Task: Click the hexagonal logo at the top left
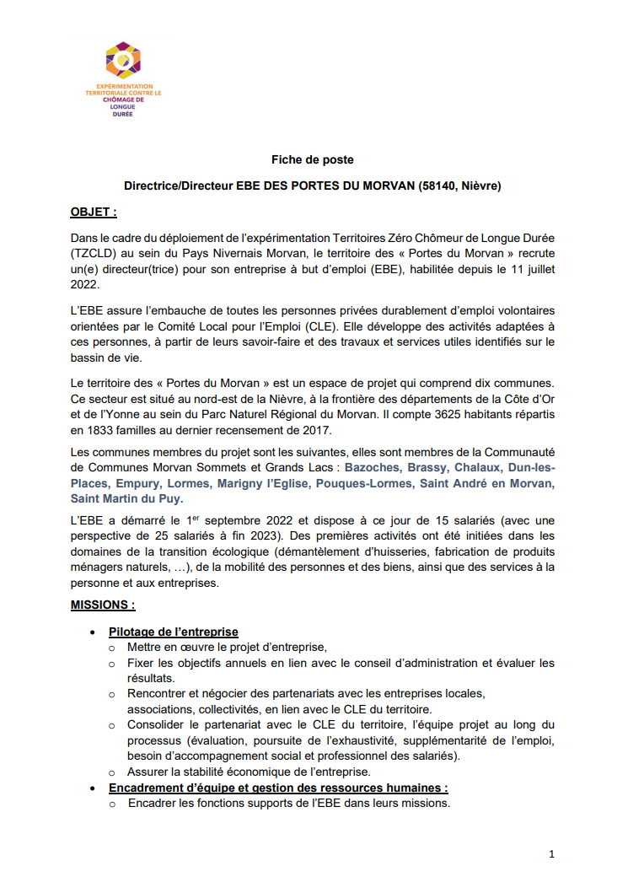point(123,61)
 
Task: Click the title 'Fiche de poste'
point(312,159)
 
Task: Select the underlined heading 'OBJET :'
point(94,212)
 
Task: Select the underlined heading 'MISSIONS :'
point(102,605)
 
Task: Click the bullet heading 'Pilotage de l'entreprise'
point(173,632)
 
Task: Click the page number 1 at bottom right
point(551,854)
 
